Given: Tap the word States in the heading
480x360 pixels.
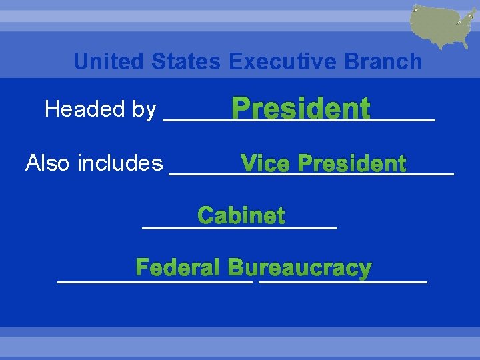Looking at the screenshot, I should click(x=186, y=62).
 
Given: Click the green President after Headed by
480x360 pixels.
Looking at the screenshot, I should click(x=301, y=109).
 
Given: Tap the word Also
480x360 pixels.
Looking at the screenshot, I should click(x=49, y=163).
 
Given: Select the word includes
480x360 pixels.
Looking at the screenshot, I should click(x=121, y=163).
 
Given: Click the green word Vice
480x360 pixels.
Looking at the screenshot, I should click(x=266, y=163).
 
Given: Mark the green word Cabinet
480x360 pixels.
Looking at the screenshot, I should click(x=241, y=216).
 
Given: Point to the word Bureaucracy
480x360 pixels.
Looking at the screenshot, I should click(x=299, y=268).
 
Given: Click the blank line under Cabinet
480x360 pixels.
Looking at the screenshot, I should click(x=240, y=228).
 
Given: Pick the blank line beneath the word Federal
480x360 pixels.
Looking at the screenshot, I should click(x=155, y=282).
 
